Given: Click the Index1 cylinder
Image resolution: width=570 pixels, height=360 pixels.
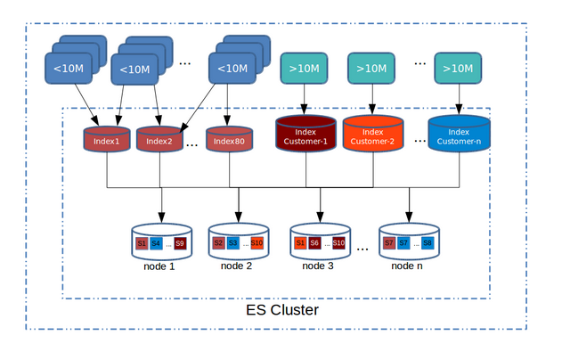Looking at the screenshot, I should coord(106,141).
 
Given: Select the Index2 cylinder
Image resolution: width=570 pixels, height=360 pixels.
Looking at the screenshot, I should coord(159,141).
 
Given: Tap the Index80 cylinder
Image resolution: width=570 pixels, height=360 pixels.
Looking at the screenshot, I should coord(229,141).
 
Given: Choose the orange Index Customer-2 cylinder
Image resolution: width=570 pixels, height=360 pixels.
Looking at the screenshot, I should coord(372,135).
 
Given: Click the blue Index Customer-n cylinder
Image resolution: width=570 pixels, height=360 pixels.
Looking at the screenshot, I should coord(458,135).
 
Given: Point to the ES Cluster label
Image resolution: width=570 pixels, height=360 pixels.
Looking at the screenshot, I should coord(281,310).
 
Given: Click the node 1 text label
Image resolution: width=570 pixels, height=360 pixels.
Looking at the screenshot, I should coord(160,265).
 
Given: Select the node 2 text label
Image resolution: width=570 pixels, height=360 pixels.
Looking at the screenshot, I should coord(237,265).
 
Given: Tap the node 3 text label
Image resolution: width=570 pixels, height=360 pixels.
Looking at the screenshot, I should coord(319,265).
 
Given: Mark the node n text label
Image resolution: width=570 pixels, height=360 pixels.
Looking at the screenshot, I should coord(409,265).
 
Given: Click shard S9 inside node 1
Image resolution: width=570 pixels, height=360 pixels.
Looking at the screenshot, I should coord(180,242).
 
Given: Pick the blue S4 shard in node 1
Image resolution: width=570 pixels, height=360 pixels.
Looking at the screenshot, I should coord(156,242).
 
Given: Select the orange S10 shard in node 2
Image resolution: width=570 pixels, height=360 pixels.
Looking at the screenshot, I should coord(256,242).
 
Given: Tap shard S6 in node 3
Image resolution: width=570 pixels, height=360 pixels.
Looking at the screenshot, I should coord(314,242).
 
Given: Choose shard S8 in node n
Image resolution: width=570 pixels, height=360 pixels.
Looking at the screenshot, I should coord(427,242).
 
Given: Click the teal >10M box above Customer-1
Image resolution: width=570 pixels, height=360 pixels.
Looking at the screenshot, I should coord(305,69).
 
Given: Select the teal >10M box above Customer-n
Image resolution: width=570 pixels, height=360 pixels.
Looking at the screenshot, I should coord(458,69).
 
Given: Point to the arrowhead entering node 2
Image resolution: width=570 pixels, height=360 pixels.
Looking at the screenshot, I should coord(238,217).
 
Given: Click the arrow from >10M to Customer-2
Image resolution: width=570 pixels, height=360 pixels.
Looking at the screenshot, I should coord(372,98).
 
